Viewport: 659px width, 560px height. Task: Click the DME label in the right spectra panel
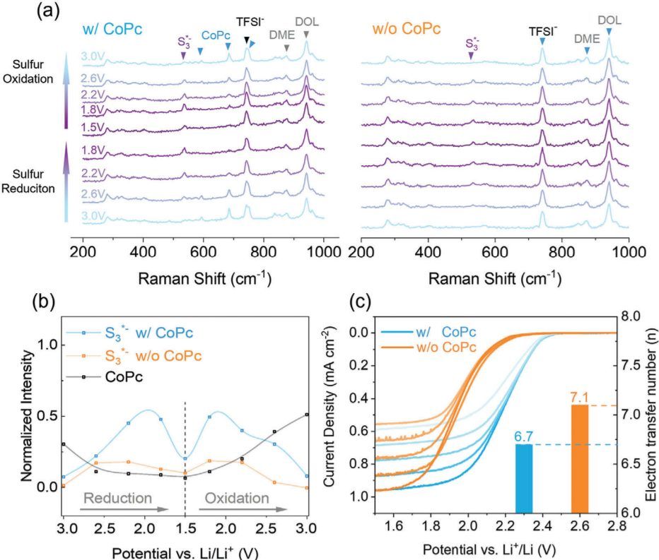586,39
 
